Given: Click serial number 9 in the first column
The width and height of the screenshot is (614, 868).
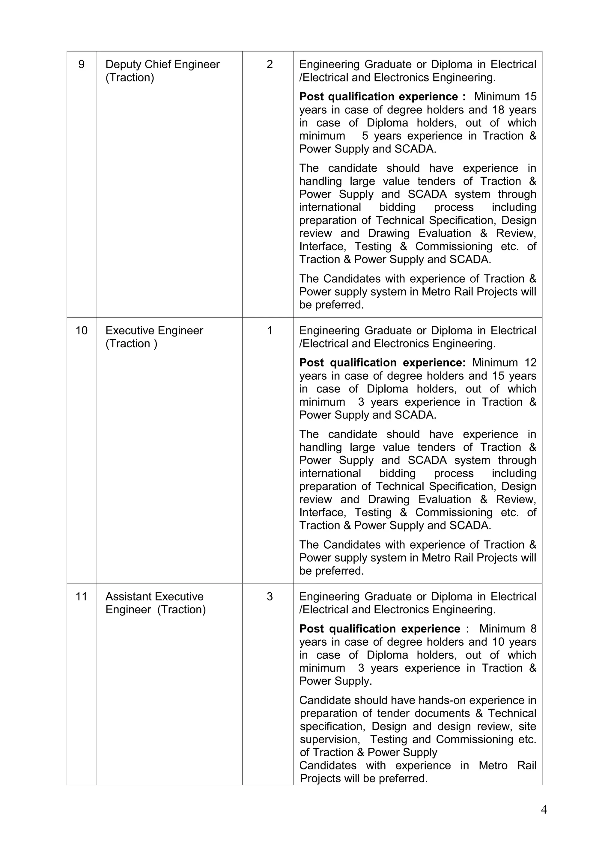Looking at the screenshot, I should click(81, 65).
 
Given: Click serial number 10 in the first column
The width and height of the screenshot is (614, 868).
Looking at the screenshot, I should click(81, 331).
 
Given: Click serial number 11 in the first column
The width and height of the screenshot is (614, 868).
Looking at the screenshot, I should click(81, 597).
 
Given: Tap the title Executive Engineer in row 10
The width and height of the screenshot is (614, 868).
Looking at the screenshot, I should click(154, 331).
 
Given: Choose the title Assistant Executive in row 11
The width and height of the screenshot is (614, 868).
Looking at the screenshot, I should click(154, 597).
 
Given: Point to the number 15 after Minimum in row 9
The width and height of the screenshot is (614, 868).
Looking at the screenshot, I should click(530, 97).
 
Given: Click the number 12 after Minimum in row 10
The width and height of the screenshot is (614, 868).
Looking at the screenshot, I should click(530, 363).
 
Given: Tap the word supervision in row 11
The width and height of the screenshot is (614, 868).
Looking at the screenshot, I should click(329, 739).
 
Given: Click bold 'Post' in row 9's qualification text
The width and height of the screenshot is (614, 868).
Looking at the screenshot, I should click(312, 97).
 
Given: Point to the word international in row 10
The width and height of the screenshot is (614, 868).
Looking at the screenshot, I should click(330, 473).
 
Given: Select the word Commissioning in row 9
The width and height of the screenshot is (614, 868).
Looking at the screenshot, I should click(454, 247).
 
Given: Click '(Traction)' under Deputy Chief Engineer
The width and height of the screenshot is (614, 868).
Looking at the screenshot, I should click(130, 78).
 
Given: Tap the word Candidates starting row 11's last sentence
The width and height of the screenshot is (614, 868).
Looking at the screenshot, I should click(328, 766).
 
